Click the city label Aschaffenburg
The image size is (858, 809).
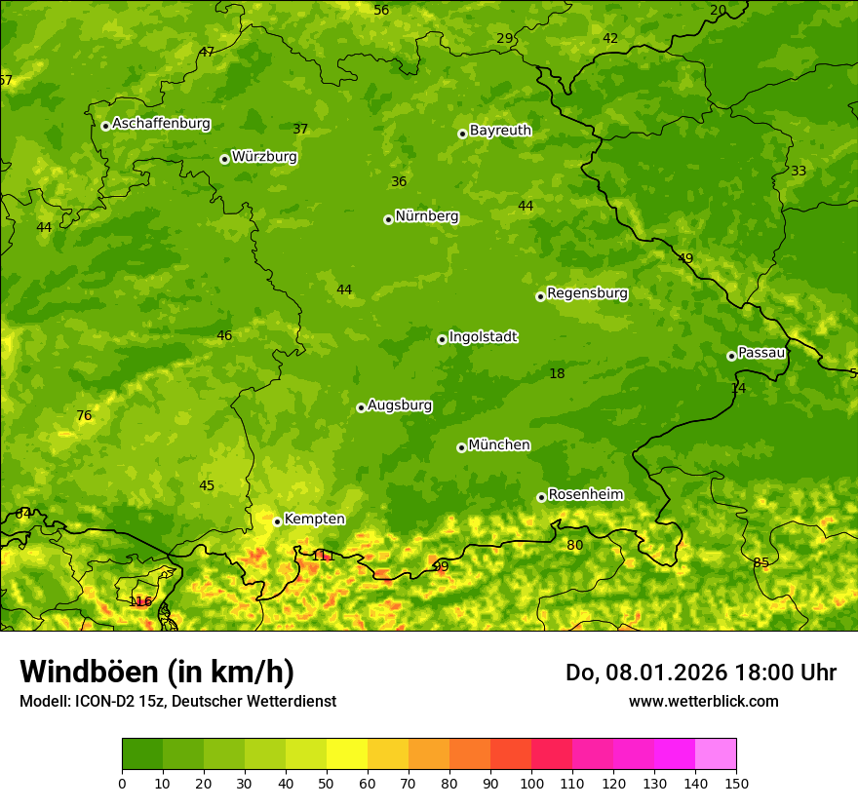click(161, 124)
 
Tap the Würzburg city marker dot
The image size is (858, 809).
click(224, 159)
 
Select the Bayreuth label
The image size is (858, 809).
click(500, 131)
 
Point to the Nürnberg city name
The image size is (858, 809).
click(426, 216)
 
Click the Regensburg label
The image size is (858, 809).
click(587, 293)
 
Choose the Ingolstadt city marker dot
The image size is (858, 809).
click(442, 339)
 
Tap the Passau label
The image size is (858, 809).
click(761, 353)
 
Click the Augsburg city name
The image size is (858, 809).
click(400, 405)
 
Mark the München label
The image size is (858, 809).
click(499, 445)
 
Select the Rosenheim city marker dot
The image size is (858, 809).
click(541, 497)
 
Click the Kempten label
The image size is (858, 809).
click(314, 520)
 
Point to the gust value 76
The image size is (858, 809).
click(84, 416)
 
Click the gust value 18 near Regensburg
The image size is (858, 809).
click(557, 374)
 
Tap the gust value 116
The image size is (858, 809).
click(140, 601)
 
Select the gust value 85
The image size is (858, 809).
click(760, 563)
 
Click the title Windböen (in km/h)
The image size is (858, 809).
click(157, 672)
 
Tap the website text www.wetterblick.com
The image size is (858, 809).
click(703, 701)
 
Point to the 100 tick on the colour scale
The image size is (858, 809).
click(531, 783)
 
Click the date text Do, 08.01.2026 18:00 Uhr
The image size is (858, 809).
click(700, 673)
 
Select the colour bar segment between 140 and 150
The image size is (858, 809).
click(716, 754)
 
